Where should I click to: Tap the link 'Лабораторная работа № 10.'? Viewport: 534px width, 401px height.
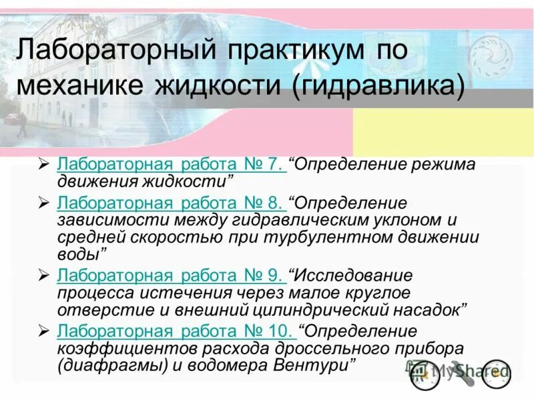pos(176,331)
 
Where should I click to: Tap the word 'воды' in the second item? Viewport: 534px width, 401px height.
pos(79,254)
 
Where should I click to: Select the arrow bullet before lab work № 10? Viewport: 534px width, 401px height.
pos(43,331)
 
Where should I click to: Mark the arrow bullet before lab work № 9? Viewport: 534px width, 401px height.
pos(43,275)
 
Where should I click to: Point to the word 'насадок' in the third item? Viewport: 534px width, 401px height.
pos(433,310)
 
